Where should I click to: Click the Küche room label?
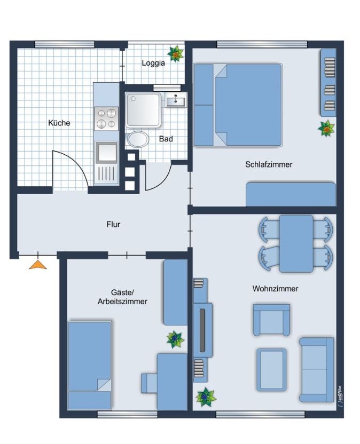(59, 123)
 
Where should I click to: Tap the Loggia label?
(153, 63)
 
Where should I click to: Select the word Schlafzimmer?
(269, 164)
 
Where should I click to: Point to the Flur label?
(113, 224)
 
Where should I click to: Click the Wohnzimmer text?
(275, 289)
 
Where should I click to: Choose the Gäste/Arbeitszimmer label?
(122, 297)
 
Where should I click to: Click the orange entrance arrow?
(38, 265)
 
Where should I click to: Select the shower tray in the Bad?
(144, 110)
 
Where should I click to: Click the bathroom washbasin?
(176, 100)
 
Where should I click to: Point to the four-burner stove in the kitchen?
(106, 118)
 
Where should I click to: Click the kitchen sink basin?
(106, 152)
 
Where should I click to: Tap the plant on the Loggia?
(176, 53)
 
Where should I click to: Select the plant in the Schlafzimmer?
(326, 129)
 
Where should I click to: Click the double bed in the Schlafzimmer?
(238, 105)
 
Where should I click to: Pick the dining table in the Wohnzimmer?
(296, 243)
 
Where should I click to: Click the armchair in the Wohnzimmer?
(271, 320)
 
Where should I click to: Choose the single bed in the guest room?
(90, 365)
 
